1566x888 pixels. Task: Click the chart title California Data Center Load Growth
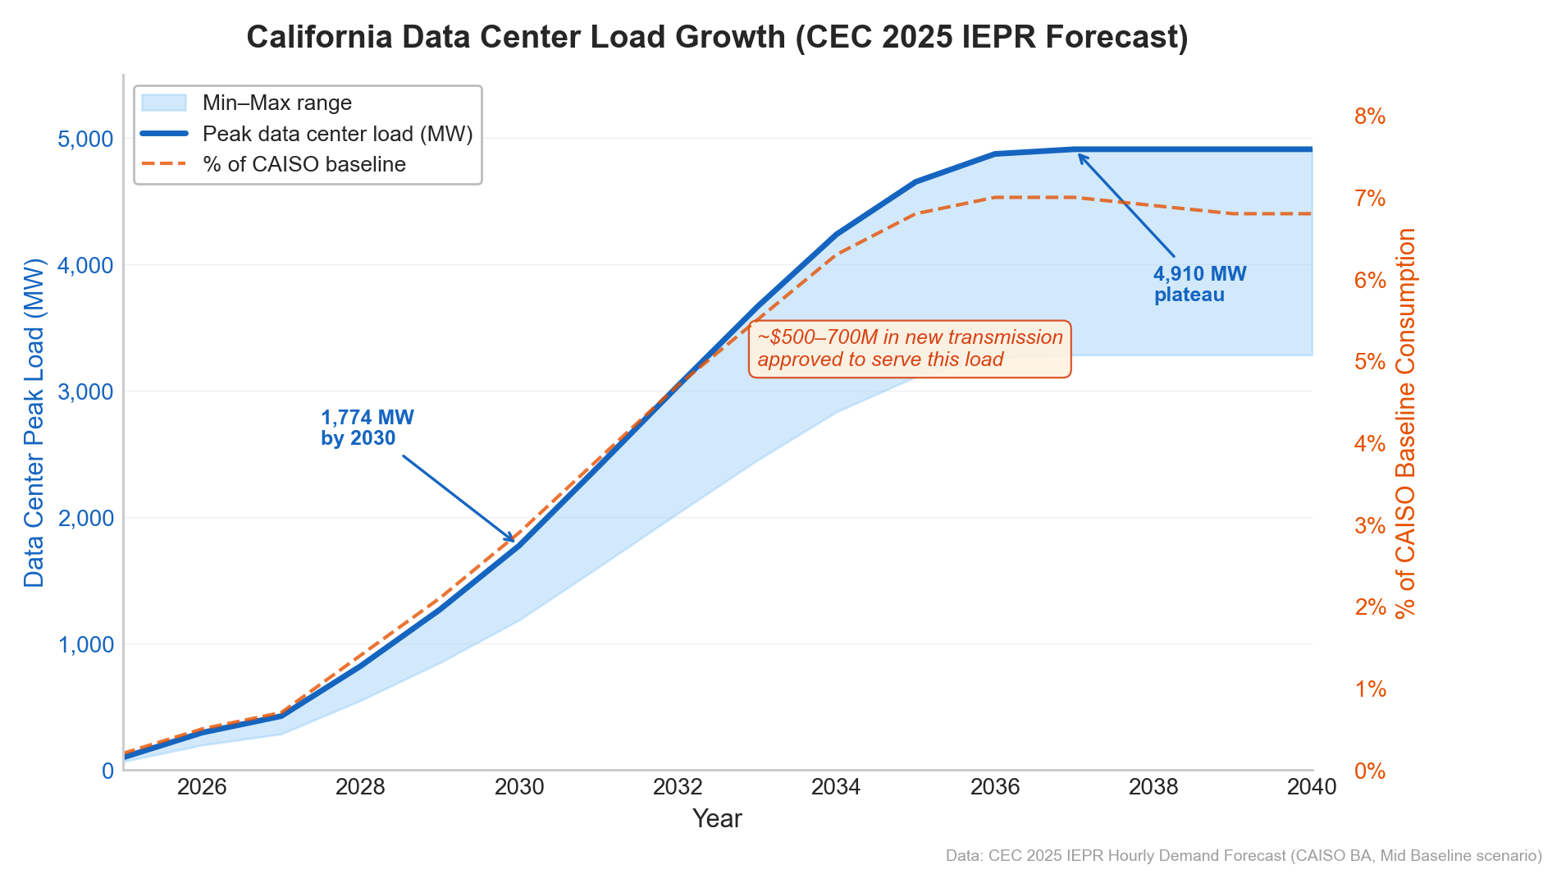(717, 38)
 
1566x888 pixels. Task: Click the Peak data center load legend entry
(337, 134)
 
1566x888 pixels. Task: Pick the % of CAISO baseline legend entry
(304, 164)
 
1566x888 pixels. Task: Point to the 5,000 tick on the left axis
(85, 139)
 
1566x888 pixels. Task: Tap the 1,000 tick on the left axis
(85, 645)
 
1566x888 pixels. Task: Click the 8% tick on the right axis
(1369, 117)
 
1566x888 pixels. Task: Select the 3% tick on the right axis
(1369, 525)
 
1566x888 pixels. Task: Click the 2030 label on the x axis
(519, 787)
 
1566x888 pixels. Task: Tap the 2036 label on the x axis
(995, 787)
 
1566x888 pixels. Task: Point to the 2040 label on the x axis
(1311, 787)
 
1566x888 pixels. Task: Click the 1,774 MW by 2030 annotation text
(367, 428)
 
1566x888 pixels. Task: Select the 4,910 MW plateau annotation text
(1198, 284)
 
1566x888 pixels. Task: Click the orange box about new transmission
(909, 349)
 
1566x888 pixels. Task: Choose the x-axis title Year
(717, 818)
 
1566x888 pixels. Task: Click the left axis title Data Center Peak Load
(34, 423)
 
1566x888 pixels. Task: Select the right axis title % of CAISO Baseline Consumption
(1405, 423)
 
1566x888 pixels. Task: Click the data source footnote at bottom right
(1243, 856)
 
